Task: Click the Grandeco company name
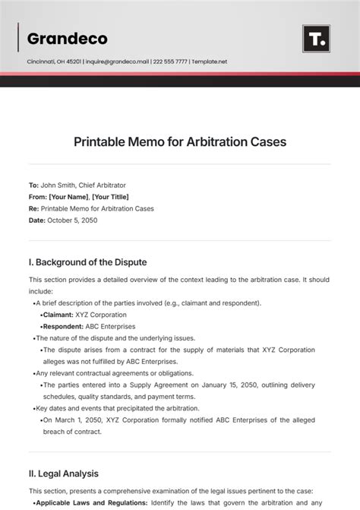pyautogui.click(x=67, y=38)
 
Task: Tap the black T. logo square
pyautogui.click(x=315, y=39)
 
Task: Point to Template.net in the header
pyautogui.click(x=209, y=62)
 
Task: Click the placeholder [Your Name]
pyautogui.click(x=68, y=197)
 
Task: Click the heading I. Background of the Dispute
pyautogui.click(x=87, y=262)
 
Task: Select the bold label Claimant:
pyautogui.click(x=58, y=315)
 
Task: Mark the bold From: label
pyautogui.click(x=37, y=197)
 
